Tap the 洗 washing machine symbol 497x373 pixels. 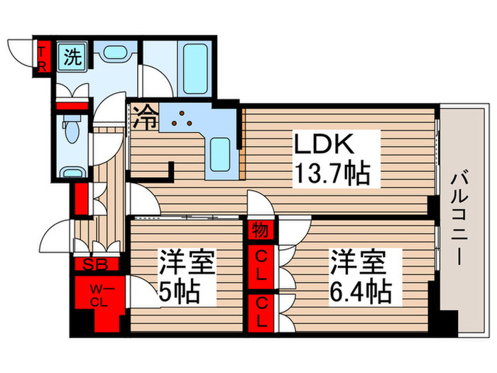coord(72,57)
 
